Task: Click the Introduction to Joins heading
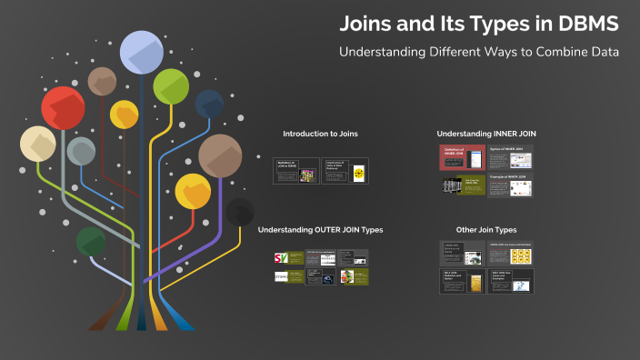(x=320, y=134)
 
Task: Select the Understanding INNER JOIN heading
(x=485, y=134)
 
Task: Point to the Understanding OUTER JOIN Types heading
(x=320, y=230)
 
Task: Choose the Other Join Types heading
(x=485, y=230)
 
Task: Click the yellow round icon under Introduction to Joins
(x=358, y=173)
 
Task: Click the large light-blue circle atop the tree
(x=141, y=52)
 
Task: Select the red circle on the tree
(x=63, y=108)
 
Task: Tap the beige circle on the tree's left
(x=38, y=145)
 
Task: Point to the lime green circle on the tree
(x=171, y=86)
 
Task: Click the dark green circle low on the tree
(x=90, y=242)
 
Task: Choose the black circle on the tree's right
(x=239, y=212)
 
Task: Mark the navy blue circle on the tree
(x=209, y=104)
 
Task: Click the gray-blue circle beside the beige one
(x=81, y=151)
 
